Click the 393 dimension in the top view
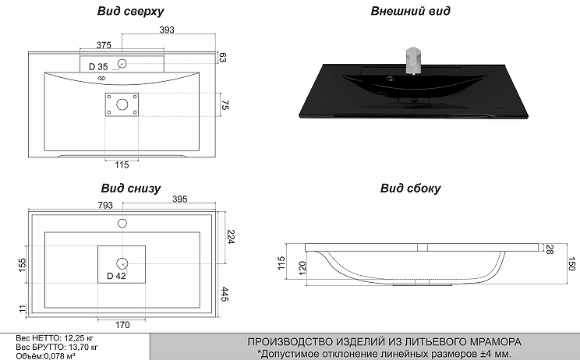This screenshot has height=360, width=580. pos(167,30)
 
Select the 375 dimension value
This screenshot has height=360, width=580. pos(104,45)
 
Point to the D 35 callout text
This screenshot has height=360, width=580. pos(98,67)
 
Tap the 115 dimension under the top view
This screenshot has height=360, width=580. pos(122,165)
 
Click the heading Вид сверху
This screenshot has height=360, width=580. pos(130,11)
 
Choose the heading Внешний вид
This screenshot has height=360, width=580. pos(411,11)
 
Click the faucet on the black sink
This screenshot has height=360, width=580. pos(412,61)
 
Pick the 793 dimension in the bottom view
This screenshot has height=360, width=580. pos(105,205)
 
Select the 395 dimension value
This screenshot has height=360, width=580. pos(180,199)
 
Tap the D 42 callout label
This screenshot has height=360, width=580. pos(116,276)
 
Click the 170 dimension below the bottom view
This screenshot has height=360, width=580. pos(122,325)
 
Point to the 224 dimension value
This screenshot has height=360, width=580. pos(231,237)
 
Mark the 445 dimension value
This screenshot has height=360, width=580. pos(225,295)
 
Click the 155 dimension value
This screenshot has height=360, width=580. pos(22,266)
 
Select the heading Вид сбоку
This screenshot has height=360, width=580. pos(411,189)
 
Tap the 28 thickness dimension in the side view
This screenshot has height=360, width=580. pos(550,249)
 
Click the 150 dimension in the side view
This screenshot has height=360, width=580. pos(571,263)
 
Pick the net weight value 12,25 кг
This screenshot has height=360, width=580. pos(79,338)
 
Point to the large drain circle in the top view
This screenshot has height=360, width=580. pos(122,104)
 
